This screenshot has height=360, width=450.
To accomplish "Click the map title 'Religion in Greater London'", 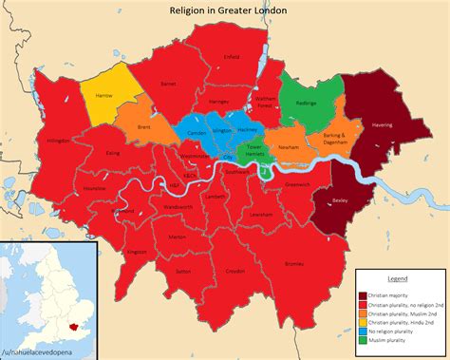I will coord(225,9).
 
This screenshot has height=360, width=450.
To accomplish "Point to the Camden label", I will coord(197,133).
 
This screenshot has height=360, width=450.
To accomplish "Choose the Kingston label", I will coord(137,252).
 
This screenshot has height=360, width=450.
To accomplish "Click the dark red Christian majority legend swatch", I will coord(361,294).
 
